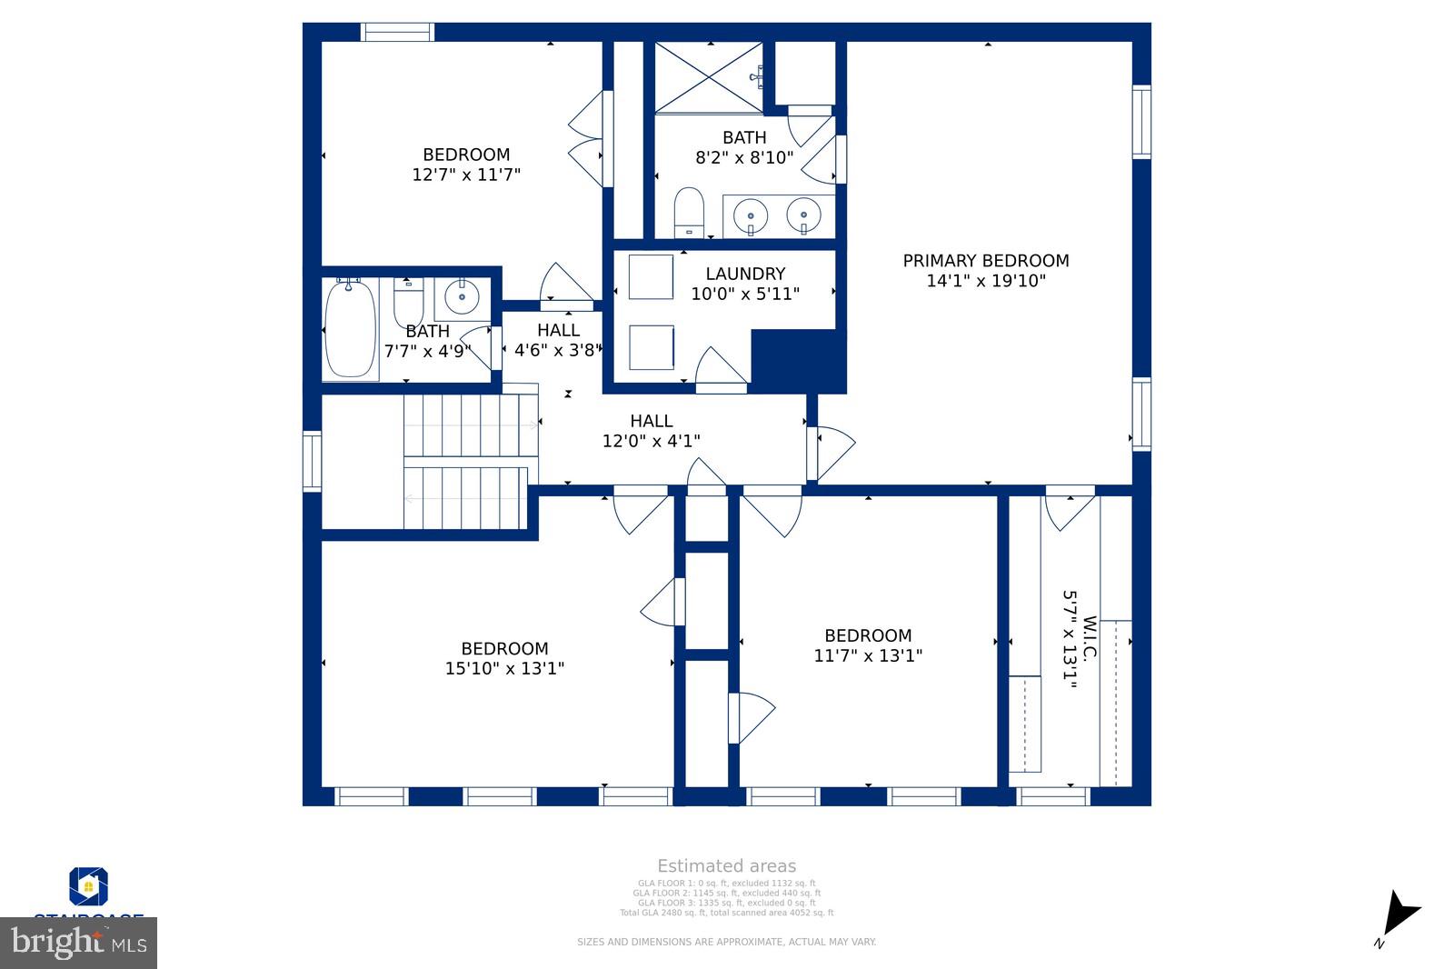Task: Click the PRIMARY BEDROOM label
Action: (x=985, y=261)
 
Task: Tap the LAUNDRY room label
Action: (x=745, y=274)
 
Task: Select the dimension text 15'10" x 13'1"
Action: (x=504, y=669)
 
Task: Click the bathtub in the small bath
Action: (x=350, y=329)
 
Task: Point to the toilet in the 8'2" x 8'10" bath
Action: (x=689, y=210)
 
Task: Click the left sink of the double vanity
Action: (x=751, y=216)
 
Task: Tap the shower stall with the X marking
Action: (x=708, y=77)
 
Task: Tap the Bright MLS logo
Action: (x=79, y=943)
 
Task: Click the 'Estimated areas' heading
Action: (x=726, y=866)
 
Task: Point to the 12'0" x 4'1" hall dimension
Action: (x=651, y=442)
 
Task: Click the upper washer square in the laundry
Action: (x=651, y=277)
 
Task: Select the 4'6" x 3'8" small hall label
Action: (x=558, y=350)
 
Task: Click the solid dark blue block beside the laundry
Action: (x=797, y=360)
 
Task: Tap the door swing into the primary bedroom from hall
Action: (x=834, y=451)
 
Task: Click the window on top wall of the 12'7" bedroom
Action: (x=397, y=32)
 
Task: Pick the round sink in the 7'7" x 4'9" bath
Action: (x=462, y=296)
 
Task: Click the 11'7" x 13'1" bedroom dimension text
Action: (x=868, y=656)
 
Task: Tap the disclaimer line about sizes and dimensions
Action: (x=726, y=943)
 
